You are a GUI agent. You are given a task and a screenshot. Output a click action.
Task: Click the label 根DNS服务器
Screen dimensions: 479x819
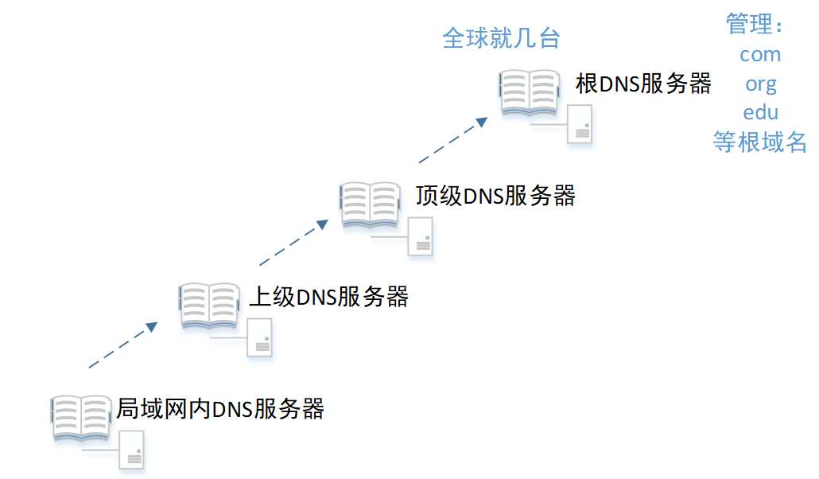click(x=643, y=84)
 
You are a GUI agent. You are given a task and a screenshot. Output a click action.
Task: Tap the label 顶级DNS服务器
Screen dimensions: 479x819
click(x=495, y=195)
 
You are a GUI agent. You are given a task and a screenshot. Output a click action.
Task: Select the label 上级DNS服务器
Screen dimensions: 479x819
click(x=328, y=297)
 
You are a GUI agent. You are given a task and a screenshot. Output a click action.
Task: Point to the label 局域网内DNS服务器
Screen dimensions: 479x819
click(x=220, y=408)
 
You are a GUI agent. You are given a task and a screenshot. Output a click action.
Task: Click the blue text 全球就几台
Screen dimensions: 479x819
click(x=501, y=38)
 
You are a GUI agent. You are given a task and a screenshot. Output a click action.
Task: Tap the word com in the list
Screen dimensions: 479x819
click(x=760, y=54)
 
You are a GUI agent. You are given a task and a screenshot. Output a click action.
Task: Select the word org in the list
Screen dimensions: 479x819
click(x=760, y=84)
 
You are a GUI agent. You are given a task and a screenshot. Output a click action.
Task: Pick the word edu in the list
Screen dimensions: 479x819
click(x=760, y=112)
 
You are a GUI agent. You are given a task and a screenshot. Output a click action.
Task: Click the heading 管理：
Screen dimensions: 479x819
click(x=755, y=25)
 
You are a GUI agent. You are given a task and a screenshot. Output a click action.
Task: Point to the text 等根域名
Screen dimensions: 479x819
click(x=760, y=142)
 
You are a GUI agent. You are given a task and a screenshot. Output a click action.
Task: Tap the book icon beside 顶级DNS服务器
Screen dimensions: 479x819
click(x=371, y=205)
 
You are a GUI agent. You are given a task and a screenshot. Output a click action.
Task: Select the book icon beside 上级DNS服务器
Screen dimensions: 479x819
click(x=208, y=306)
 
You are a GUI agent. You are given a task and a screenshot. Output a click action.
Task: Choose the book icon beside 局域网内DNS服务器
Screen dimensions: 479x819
click(x=81, y=418)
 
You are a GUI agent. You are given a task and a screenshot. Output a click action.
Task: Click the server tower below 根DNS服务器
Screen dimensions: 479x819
click(x=581, y=125)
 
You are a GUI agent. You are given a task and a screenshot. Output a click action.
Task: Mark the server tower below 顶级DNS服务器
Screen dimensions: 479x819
click(x=421, y=236)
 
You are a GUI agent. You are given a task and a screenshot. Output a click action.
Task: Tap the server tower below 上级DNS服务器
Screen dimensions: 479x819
click(x=260, y=337)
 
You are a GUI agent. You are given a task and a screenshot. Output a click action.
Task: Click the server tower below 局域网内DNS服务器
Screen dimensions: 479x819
click(x=132, y=450)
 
